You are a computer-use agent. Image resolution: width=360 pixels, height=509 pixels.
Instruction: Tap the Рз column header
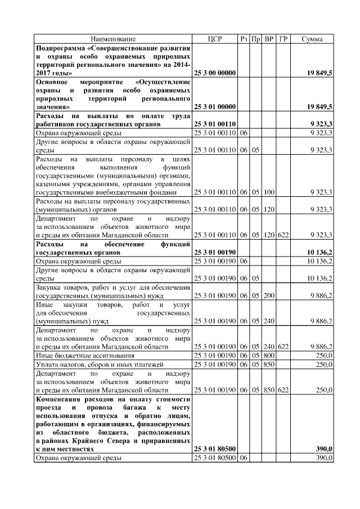tap(243, 39)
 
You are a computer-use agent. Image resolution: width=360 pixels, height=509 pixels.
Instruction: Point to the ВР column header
tap(269, 39)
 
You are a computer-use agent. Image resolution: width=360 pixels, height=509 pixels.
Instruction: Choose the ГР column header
tap(283, 39)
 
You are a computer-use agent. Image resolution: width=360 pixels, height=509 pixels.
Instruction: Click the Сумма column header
tap(312, 39)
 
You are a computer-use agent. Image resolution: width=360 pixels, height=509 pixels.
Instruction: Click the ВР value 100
tap(269, 192)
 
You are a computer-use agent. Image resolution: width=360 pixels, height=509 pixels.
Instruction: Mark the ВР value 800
tap(269, 355)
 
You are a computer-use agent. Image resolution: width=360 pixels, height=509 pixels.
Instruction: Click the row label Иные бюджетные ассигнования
tap(85, 355)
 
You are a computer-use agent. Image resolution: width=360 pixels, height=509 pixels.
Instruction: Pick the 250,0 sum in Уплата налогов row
tap(323, 364)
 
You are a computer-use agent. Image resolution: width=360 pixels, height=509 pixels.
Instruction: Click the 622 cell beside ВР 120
tap(283, 235)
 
